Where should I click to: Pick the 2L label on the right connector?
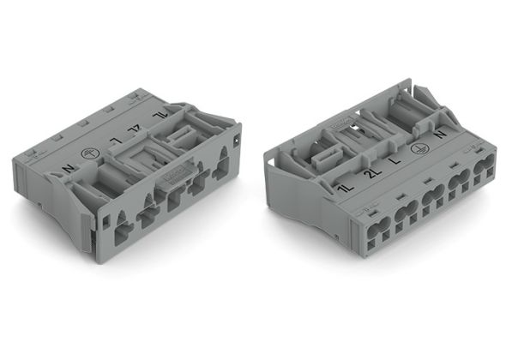[x=370, y=175]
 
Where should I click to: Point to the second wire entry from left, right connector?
[x=407, y=212]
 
